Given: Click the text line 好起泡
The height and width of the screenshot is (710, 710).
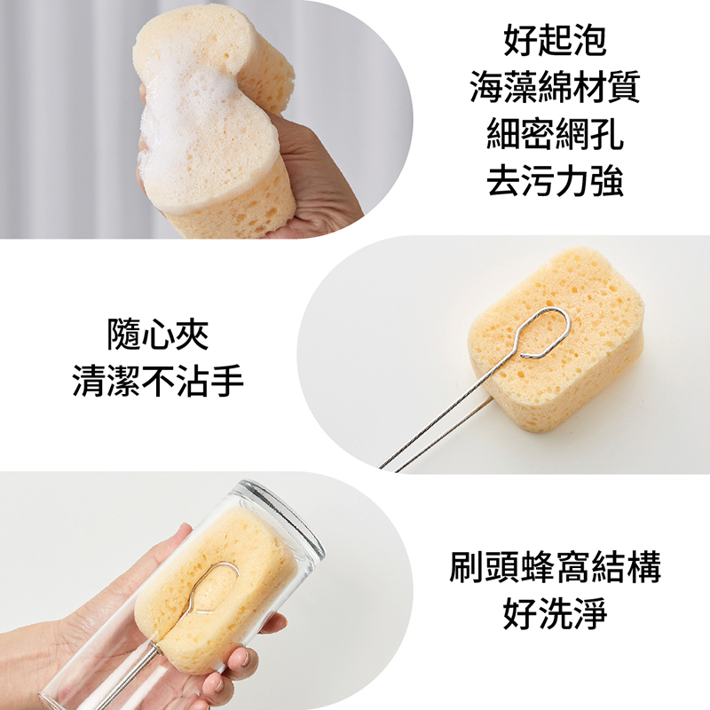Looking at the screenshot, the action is coord(555,40).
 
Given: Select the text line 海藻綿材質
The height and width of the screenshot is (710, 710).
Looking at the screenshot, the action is coord(555,87).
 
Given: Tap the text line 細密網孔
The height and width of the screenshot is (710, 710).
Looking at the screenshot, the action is coord(555,134).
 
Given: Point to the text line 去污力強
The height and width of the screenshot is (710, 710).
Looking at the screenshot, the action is coord(555,181).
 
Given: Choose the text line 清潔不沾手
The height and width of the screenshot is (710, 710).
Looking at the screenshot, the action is coord(158,382).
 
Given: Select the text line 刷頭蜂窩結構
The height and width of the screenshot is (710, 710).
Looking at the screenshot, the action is coord(555,567).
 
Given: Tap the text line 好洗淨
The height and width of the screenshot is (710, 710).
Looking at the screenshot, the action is coord(555,614).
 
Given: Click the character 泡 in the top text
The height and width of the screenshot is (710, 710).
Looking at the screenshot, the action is coord(589,40).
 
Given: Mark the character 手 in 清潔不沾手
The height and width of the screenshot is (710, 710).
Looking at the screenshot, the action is coord(227,382).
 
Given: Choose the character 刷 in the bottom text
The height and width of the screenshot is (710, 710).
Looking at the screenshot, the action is coord(466,567).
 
